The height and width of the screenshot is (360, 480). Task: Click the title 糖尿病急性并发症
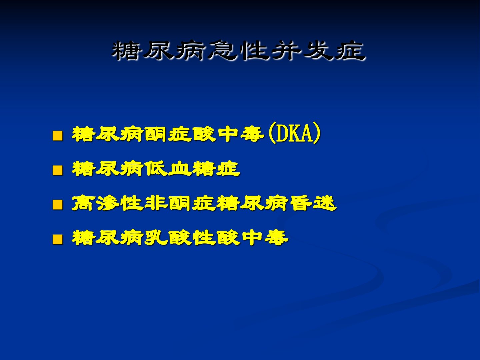point(238,50)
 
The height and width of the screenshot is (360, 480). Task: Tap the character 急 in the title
point(222,50)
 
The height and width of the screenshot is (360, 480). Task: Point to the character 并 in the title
point(286,50)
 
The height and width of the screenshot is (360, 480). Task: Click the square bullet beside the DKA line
point(58,136)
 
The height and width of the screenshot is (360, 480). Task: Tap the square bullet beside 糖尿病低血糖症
point(58,170)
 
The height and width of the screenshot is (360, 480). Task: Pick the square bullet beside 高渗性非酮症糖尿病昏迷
point(58,205)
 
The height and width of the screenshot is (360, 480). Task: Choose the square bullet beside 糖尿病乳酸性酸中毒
point(58,239)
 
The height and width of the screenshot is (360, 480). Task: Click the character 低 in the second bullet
point(155,169)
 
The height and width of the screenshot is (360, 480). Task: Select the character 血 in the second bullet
point(180,169)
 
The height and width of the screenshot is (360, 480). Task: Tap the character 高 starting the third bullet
point(84,203)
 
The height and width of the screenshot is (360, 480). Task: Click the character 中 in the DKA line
point(228,134)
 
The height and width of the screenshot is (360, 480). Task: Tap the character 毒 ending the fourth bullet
point(276,237)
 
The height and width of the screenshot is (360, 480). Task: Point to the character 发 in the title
point(318,50)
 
